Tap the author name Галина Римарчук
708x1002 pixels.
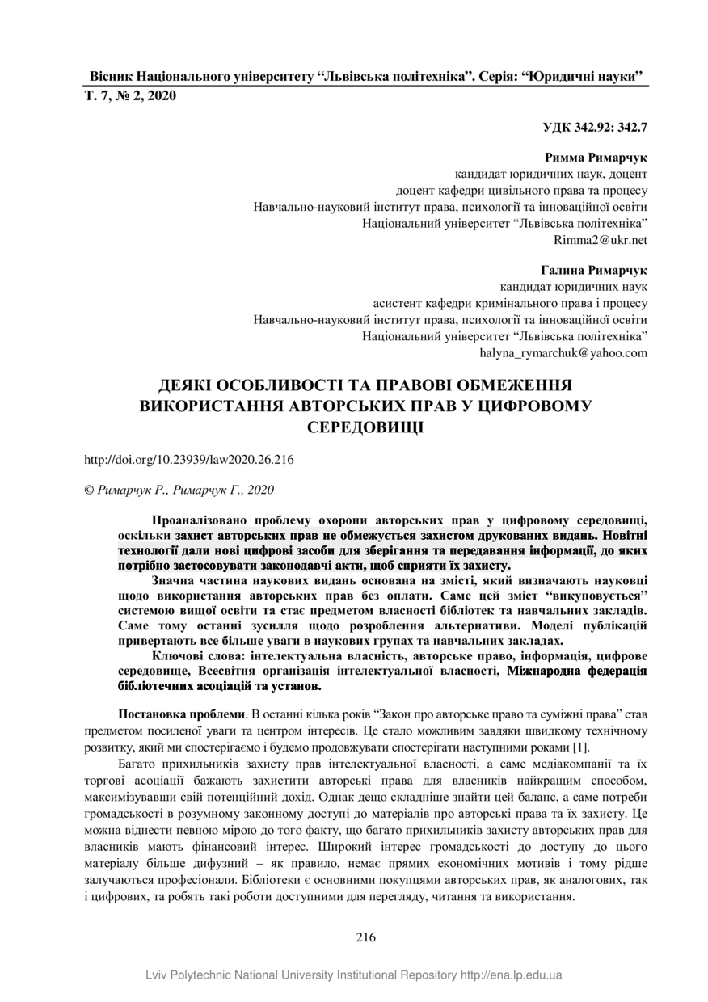(x=594, y=269)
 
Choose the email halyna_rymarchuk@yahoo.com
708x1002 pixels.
(x=563, y=352)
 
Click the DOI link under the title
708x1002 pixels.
(x=188, y=460)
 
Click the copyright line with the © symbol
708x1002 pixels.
(x=179, y=490)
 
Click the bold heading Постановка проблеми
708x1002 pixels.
(x=182, y=715)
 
